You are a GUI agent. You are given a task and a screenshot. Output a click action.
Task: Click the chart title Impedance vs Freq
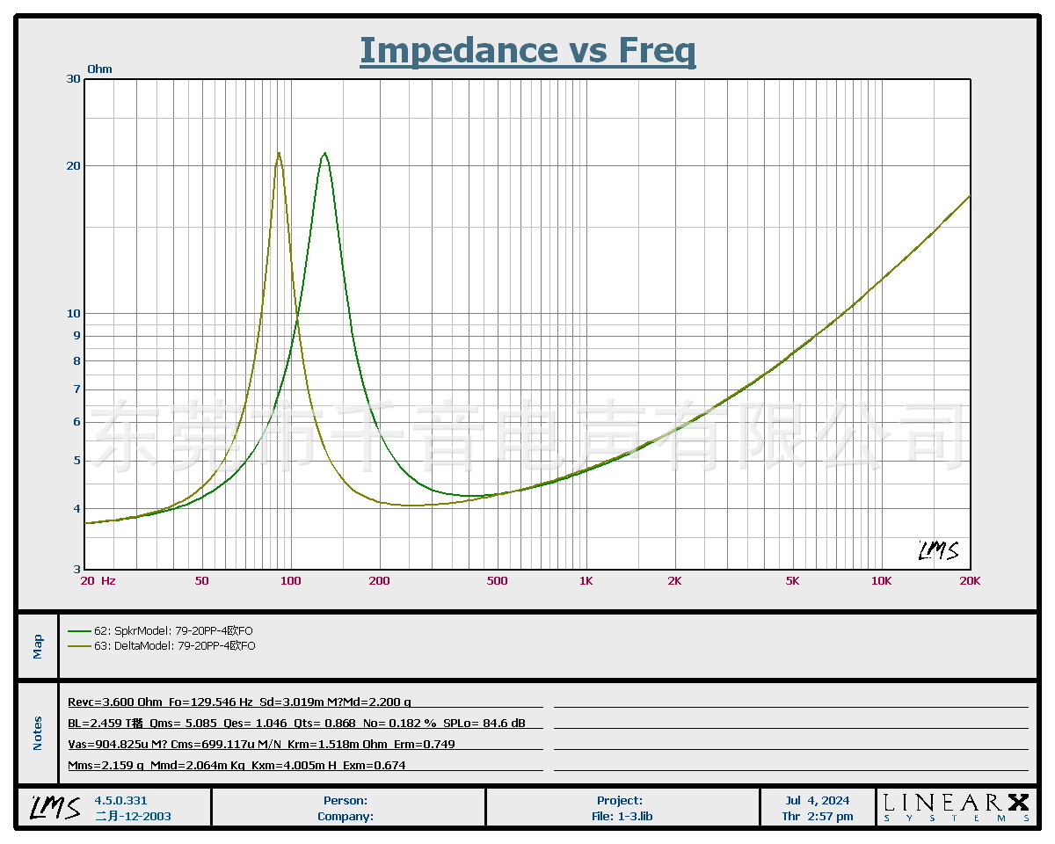pos(527,51)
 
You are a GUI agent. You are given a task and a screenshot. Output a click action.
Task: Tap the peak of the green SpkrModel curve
pos(325,154)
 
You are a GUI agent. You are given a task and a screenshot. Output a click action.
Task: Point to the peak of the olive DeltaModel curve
pos(279,153)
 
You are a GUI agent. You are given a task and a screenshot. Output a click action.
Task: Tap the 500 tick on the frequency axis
pos(497,580)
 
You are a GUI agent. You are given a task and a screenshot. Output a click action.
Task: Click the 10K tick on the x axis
pos(881,580)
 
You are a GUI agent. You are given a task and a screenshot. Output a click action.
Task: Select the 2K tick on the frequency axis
pos(674,580)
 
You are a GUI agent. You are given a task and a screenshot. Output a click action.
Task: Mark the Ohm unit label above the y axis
pos(99,69)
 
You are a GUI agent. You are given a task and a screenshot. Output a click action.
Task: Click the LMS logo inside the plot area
pos(938,551)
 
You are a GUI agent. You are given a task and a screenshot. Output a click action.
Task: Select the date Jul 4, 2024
pos(818,800)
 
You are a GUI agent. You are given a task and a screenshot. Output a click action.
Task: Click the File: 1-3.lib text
pos(622,816)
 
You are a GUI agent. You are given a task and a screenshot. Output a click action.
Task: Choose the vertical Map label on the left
pos(38,646)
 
